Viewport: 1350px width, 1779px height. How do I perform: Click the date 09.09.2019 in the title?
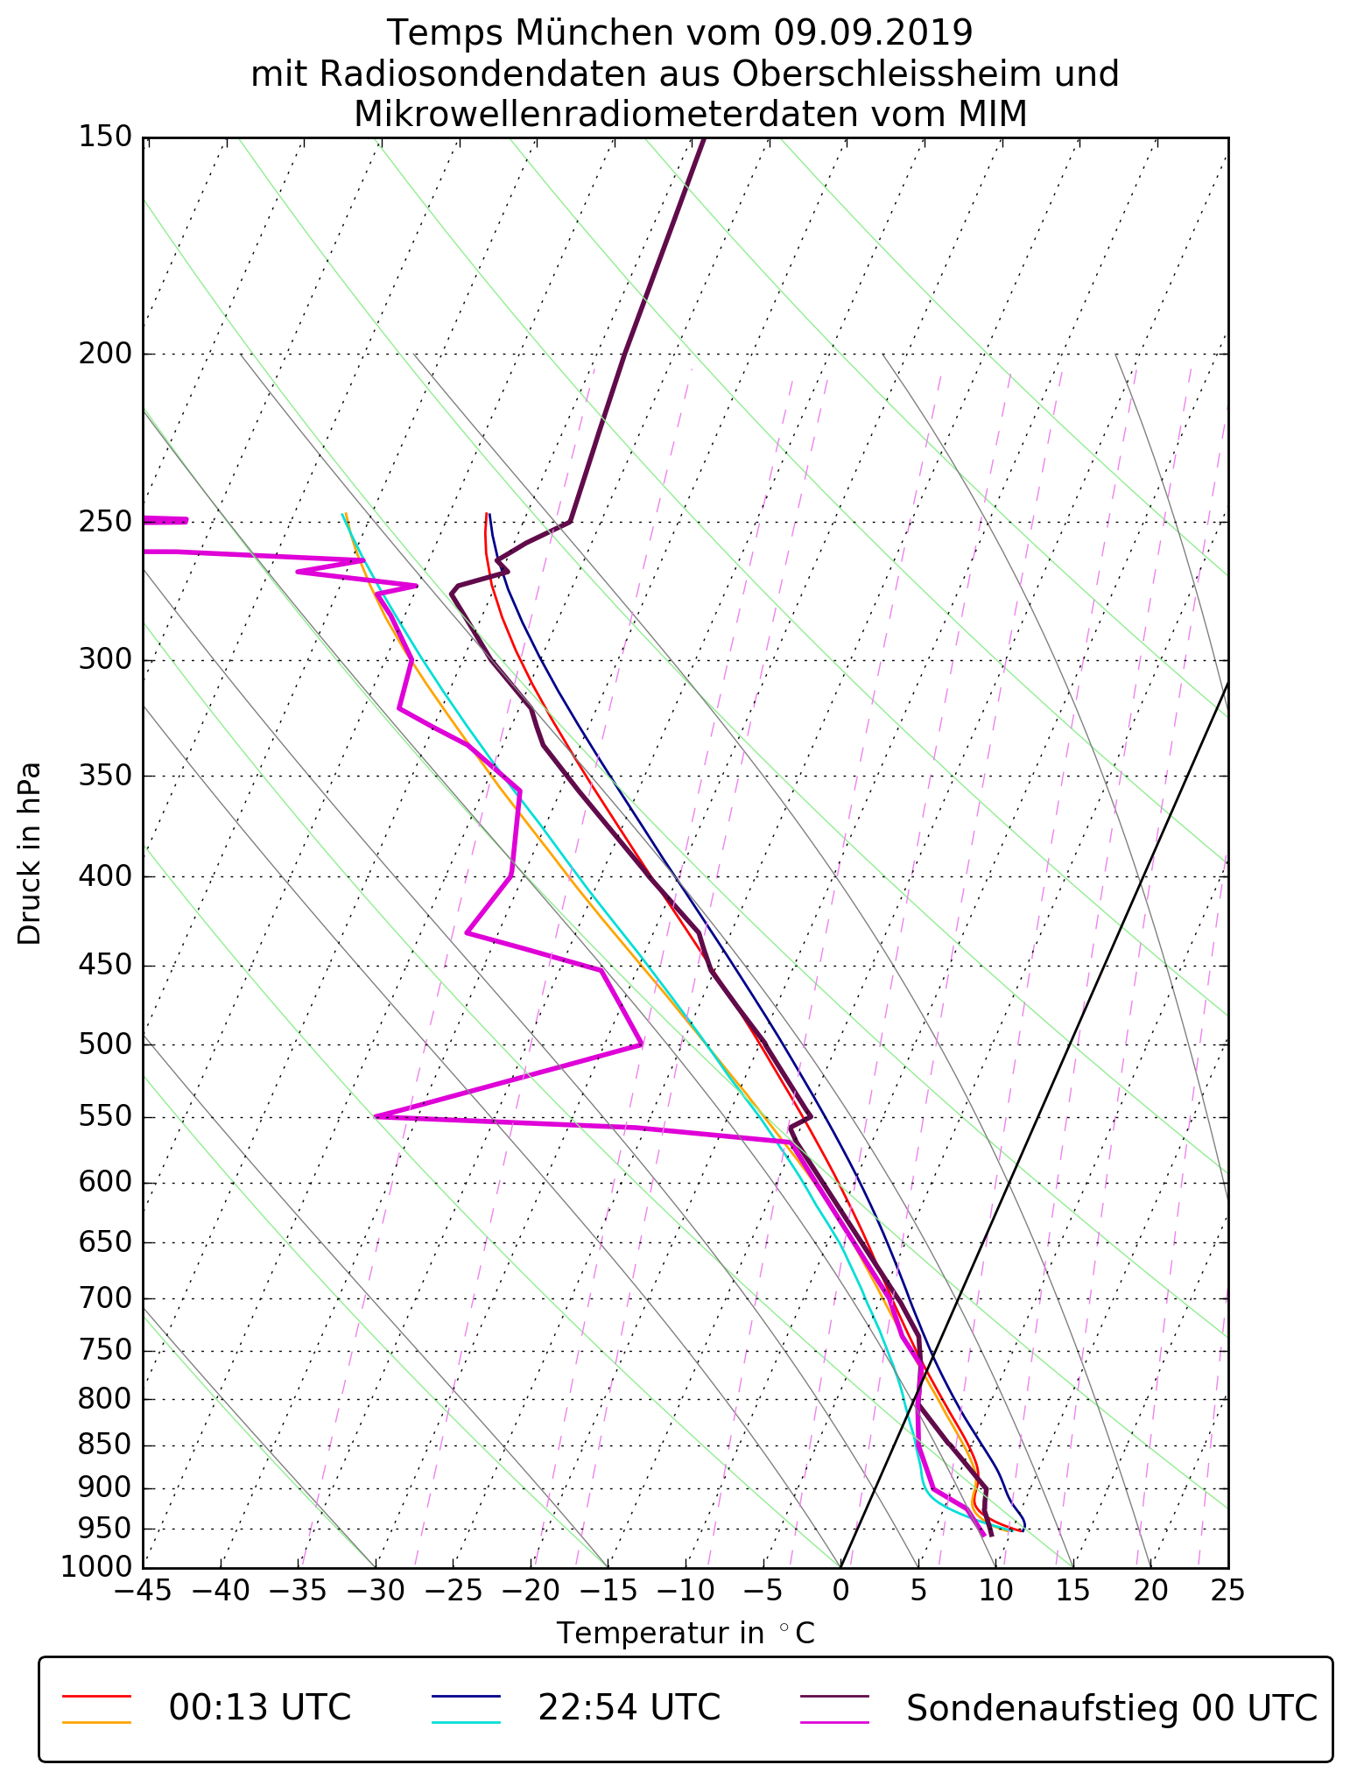click(x=873, y=33)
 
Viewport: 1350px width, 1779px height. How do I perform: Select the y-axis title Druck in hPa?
click(x=30, y=854)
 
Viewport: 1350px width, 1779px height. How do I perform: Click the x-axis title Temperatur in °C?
click(x=686, y=1633)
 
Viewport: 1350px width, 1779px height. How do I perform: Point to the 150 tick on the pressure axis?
click(x=105, y=137)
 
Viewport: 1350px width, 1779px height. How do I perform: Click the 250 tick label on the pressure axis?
click(x=105, y=522)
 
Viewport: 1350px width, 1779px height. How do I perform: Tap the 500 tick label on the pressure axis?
click(x=105, y=1044)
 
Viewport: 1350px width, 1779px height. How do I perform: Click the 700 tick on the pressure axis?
click(x=105, y=1299)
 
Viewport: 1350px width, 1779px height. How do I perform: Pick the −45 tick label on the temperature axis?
click(x=143, y=1590)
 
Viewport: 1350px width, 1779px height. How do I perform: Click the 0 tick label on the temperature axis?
click(x=840, y=1590)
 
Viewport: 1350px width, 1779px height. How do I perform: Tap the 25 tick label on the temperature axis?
click(x=1227, y=1590)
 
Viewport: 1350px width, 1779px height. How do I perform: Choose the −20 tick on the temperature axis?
click(x=531, y=1590)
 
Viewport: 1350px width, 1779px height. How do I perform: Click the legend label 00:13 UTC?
click(x=260, y=1707)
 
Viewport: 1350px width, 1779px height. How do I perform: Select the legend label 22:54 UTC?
click(x=629, y=1707)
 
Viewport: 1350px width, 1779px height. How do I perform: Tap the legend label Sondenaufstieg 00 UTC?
click(x=1111, y=1707)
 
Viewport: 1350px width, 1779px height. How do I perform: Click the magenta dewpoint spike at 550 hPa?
click(x=376, y=1116)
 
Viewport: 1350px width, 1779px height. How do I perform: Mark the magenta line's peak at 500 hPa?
click(x=642, y=1044)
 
